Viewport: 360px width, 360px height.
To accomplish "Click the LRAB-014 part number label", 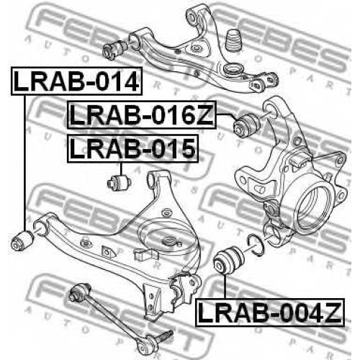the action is pyautogui.click(x=77, y=81).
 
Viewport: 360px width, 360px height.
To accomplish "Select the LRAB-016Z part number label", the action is pyautogui.click(x=142, y=115).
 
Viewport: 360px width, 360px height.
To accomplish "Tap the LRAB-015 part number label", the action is pyautogui.click(x=133, y=149).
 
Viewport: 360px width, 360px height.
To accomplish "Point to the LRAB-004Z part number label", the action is pyautogui.click(x=270, y=312).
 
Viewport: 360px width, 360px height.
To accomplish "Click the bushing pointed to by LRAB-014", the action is pyautogui.click(x=22, y=240).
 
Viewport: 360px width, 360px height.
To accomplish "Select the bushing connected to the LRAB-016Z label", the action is pyautogui.click(x=247, y=126).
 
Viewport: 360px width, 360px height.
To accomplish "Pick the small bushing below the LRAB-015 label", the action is pyautogui.click(x=118, y=184).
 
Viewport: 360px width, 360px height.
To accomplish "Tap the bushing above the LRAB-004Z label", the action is pyautogui.click(x=229, y=261).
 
